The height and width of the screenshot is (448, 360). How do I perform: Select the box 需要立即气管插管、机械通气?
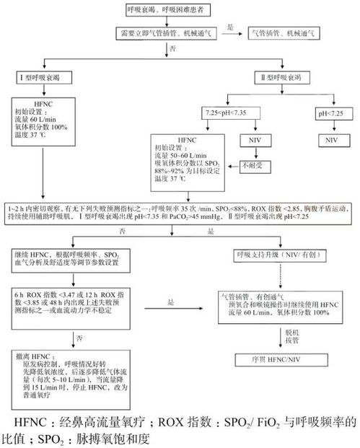163,33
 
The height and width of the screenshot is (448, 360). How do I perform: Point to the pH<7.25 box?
333,114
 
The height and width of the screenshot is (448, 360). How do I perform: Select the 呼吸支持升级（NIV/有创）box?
270,255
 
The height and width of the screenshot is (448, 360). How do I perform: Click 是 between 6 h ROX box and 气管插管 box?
171,304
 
